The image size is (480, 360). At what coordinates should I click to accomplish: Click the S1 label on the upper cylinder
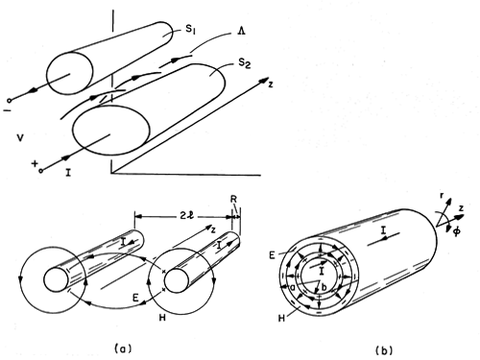[x=190, y=30]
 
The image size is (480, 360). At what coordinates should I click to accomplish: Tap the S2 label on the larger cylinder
[x=245, y=63]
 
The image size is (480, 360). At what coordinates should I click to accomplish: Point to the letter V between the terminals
[x=20, y=138]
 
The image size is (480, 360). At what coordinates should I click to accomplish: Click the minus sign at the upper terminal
[x=7, y=110]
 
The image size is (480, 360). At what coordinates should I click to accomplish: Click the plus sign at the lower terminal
[x=34, y=163]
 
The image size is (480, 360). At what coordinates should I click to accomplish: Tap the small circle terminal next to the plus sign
[x=41, y=171]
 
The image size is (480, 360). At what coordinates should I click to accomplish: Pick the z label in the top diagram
[x=271, y=84]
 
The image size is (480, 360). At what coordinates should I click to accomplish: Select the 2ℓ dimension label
[x=187, y=216]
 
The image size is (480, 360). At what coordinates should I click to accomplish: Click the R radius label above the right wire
[x=233, y=199]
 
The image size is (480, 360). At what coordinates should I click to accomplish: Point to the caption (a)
[x=123, y=348]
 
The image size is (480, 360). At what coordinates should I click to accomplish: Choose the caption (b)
[x=384, y=350]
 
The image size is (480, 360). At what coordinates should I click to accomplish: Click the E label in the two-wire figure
[x=135, y=298]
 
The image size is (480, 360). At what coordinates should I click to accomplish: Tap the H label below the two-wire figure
[x=162, y=318]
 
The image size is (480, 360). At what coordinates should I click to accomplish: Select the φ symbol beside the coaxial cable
[x=456, y=230]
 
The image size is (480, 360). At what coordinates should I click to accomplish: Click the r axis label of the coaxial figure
[x=442, y=196]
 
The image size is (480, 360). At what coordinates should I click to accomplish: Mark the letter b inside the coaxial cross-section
[x=324, y=287]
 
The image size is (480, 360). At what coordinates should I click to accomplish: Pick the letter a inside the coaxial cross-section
[x=292, y=288]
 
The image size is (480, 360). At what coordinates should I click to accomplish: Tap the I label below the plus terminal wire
[x=68, y=173]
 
